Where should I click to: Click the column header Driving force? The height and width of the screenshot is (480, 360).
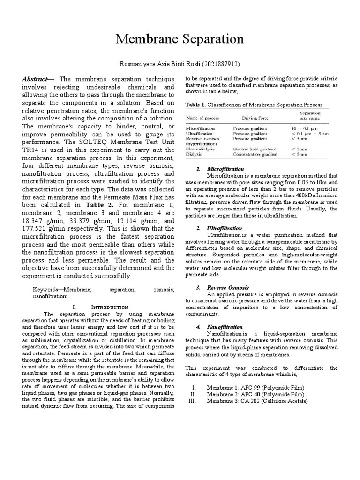[255, 117]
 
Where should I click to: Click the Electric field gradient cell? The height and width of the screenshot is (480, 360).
[255, 149]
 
